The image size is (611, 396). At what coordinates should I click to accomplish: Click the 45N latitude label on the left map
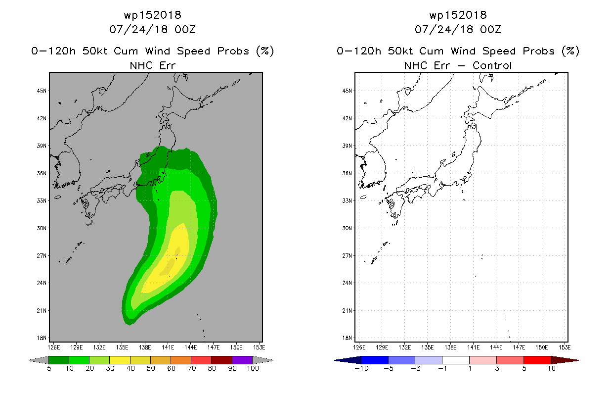[x=42, y=91]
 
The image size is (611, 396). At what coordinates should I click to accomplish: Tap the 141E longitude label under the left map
[x=168, y=347]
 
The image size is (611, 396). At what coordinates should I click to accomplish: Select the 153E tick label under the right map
[x=565, y=347]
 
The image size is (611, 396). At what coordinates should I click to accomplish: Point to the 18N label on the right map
[x=347, y=338]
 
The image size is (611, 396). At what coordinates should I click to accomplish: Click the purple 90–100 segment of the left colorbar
[x=242, y=360]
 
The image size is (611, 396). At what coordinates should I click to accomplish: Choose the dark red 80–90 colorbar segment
[x=222, y=360]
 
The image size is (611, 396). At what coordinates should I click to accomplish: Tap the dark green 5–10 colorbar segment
[x=59, y=360]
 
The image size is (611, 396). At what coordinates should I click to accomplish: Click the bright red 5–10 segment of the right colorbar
[x=537, y=360]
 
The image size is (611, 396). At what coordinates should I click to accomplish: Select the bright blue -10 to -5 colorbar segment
[x=375, y=360]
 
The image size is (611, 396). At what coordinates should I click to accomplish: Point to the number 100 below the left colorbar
[x=253, y=368]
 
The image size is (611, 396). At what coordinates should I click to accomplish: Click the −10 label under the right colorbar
[x=361, y=368]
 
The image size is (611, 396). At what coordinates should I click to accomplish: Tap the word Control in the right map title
[x=492, y=65]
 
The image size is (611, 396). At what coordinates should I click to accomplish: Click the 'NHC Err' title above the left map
[x=152, y=65]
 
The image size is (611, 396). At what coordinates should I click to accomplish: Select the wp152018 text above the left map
[x=152, y=15]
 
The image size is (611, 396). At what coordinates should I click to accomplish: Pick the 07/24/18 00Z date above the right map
[x=458, y=30]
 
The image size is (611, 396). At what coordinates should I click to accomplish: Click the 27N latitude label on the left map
[x=42, y=256]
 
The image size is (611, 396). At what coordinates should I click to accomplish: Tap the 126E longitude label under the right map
[x=359, y=347]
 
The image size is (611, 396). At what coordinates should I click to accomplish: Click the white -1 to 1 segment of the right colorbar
[x=456, y=360]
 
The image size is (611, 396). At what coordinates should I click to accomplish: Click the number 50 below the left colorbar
[x=151, y=368]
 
